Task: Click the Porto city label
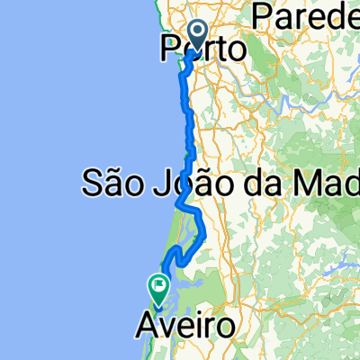pos(202,49)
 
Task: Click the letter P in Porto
pos(169,49)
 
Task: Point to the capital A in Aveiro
pos(148,324)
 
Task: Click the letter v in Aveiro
pos(166,326)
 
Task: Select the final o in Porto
pos(236,51)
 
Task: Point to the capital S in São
pos(93,185)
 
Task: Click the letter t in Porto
pos(219,49)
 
